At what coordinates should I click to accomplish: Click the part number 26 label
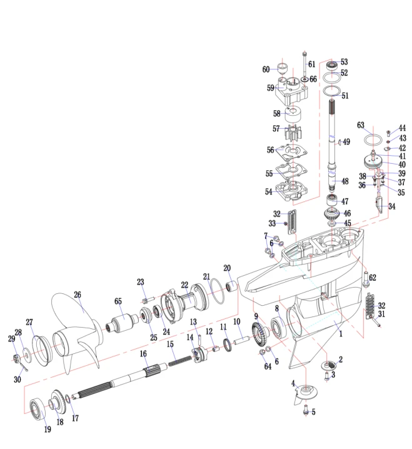tap(78, 295)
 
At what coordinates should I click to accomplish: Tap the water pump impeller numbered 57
tap(293, 133)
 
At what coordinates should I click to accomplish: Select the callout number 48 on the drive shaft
tap(345, 181)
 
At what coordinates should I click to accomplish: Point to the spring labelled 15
tap(180, 360)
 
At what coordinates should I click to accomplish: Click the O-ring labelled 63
tap(373, 141)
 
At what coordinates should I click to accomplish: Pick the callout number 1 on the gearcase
tap(341, 333)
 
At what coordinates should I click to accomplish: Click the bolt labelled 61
tap(304, 64)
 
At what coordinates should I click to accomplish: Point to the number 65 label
tap(118, 301)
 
